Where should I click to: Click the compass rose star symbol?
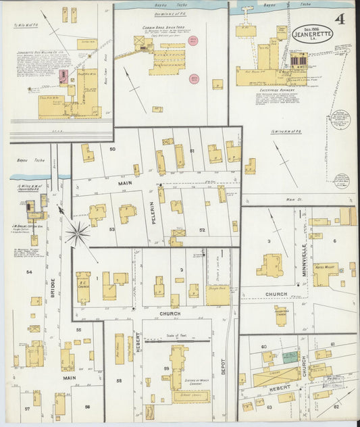(x=78, y=234)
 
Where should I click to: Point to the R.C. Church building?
(x=84, y=286)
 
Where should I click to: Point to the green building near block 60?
(x=290, y=357)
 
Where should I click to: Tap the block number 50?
(x=112, y=149)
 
